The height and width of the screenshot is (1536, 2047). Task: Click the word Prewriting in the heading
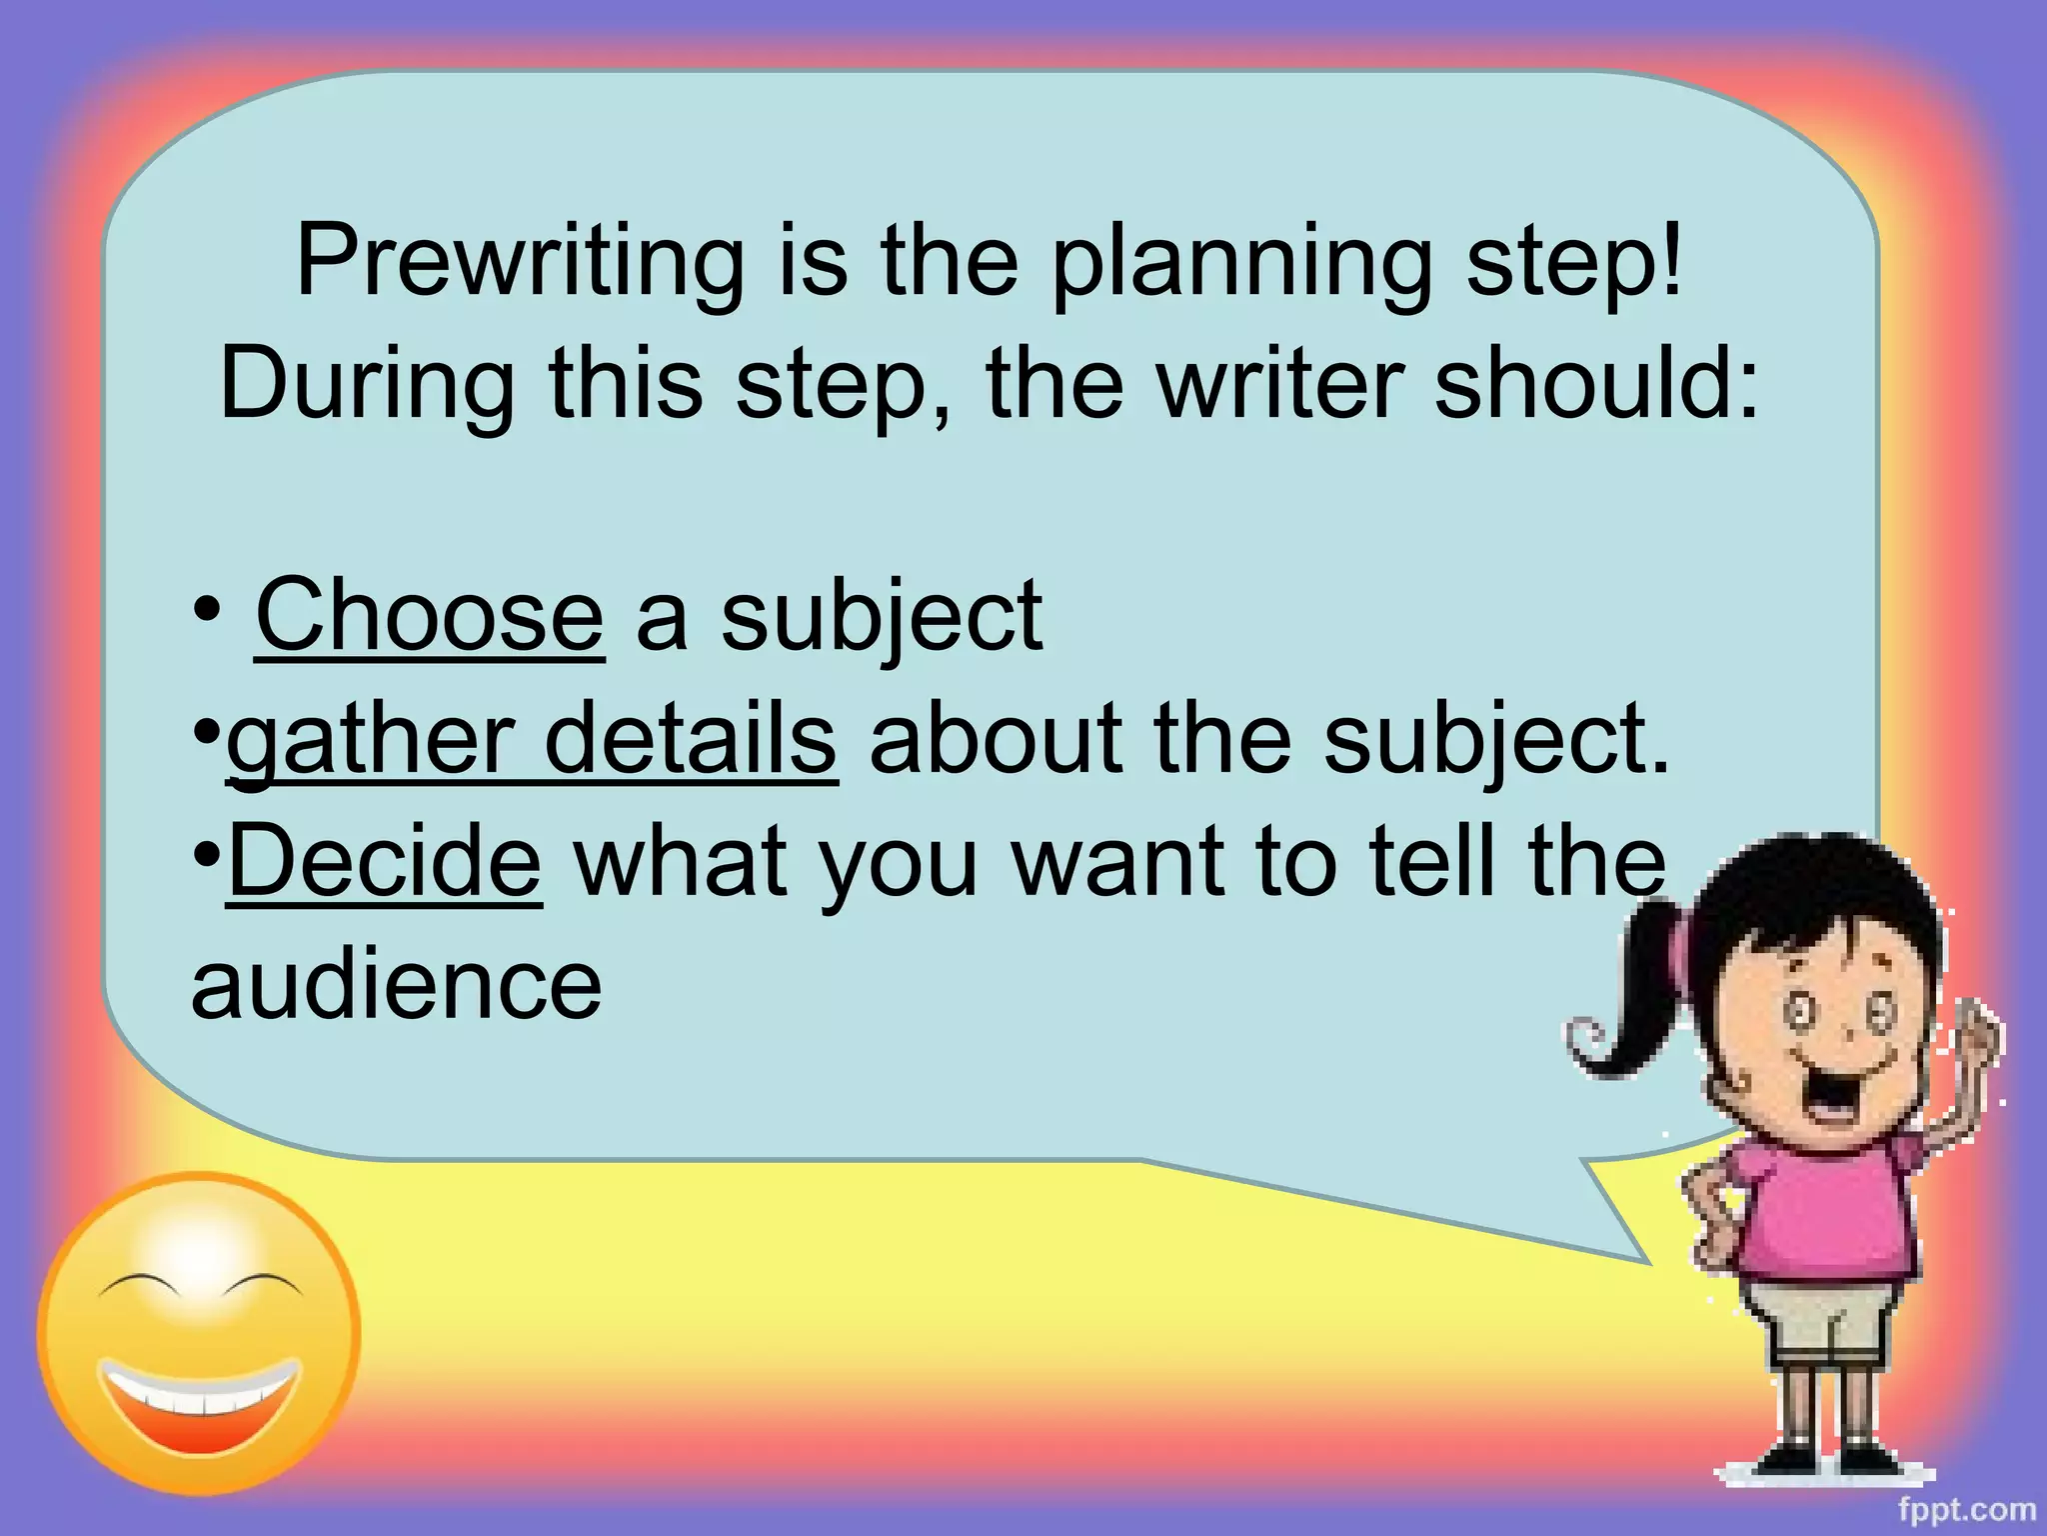click(x=520, y=262)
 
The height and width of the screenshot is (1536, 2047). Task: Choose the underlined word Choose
click(x=430, y=615)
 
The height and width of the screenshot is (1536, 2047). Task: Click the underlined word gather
click(x=370, y=740)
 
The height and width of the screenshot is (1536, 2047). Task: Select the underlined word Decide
click(x=385, y=860)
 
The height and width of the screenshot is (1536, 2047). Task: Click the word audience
click(x=397, y=985)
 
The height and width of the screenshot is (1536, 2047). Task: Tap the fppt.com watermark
click(x=1966, y=1509)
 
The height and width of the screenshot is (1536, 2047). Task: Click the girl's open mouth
click(x=1834, y=1090)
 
